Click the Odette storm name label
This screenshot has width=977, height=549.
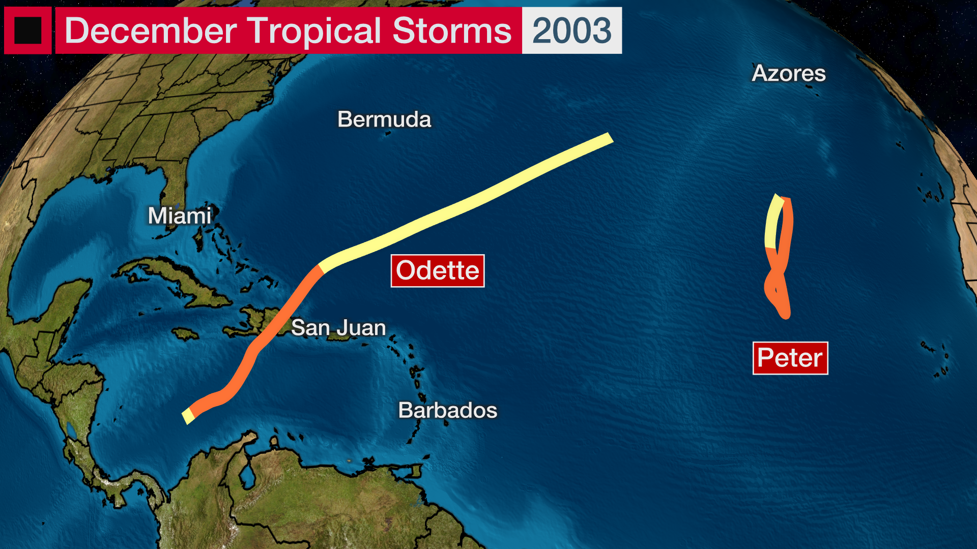pyautogui.click(x=438, y=270)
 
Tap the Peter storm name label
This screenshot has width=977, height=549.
pyautogui.click(x=790, y=358)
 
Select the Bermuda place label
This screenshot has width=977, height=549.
pyautogui.click(x=384, y=119)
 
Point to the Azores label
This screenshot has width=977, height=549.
pyautogui.click(x=789, y=73)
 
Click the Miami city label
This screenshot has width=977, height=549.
pyautogui.click(x=179, y=216)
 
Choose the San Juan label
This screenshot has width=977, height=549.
pyautogui.click(x=338, y=328)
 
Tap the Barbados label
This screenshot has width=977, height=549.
pyautogui.click(x=448, y=410)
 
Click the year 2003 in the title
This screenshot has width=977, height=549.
pyautogui.click(x=572, y=30)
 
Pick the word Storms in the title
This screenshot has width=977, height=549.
pyautogui.click(x=452, y=30)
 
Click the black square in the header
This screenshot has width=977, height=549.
pyautogui.click(x=27, y=30)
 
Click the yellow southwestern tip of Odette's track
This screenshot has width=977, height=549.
pyautogui.click(x=187, y=417)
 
